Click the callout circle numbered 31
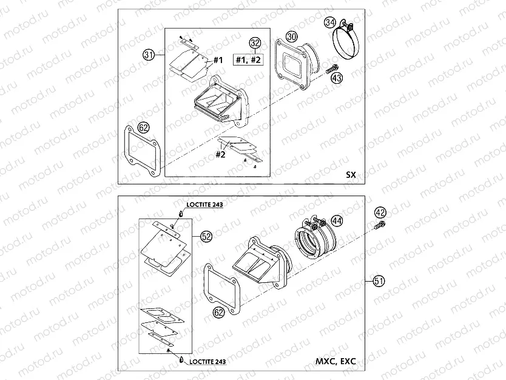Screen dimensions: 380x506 (x=147, y=55)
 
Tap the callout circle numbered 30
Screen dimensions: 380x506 (x=292, y=37)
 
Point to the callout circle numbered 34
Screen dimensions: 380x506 (x=330, y=23)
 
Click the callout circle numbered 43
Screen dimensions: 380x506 (x=336, y=78)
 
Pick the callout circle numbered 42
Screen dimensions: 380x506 (x=380, y=212)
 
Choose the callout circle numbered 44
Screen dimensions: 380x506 (x=337, y=222)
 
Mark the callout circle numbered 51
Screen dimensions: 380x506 (x=379, y=280)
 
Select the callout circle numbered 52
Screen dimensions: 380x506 (x=206, y=237)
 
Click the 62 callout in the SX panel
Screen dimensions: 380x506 (x=143, y=127)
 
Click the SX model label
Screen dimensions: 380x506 (x=350, y=174)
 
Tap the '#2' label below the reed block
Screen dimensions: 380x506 (x=221, y=154)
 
